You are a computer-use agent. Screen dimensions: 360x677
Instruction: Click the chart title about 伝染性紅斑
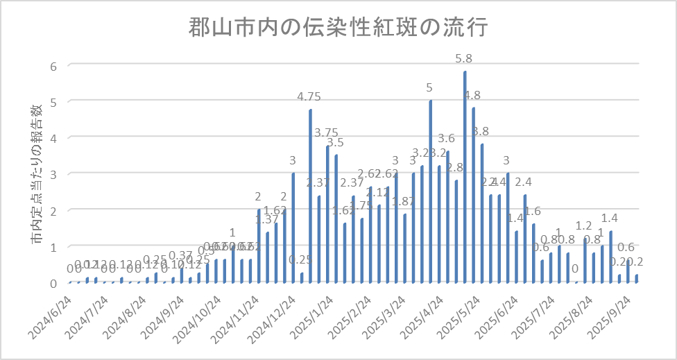pyautogui.click(x=339, y=28)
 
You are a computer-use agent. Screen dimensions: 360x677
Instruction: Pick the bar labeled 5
pyautogui.click(x=431, y=191)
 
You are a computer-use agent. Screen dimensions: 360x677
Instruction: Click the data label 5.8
pyautogui.click(x=464, y=59)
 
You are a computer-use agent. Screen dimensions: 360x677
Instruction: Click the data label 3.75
pyautogui.click(x=326, y=132)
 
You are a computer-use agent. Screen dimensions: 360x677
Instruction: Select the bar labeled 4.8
pyautogui.click(x=474, y=195)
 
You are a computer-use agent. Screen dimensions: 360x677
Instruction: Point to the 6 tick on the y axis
pyautogui.click(x=51, y=65)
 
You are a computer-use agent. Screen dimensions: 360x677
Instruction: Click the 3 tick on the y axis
pyautogui.click(x=51, y=174)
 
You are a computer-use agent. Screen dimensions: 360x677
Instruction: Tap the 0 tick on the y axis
pyautogui.click(x=51, y=283)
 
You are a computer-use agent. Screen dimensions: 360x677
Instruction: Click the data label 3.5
pyautogui.click(x=335, y=142)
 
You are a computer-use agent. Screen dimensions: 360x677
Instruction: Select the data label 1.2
pyautogui.click(x=584, y=226)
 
